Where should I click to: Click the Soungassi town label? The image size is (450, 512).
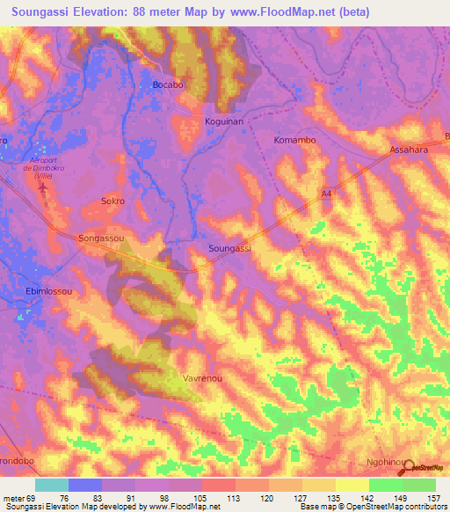(x=230, y=249)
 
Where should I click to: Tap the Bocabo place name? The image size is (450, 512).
(x=168, y=84)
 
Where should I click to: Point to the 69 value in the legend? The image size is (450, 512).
(x=33, y=498)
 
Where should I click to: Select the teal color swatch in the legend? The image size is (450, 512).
(x=52, y=485)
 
